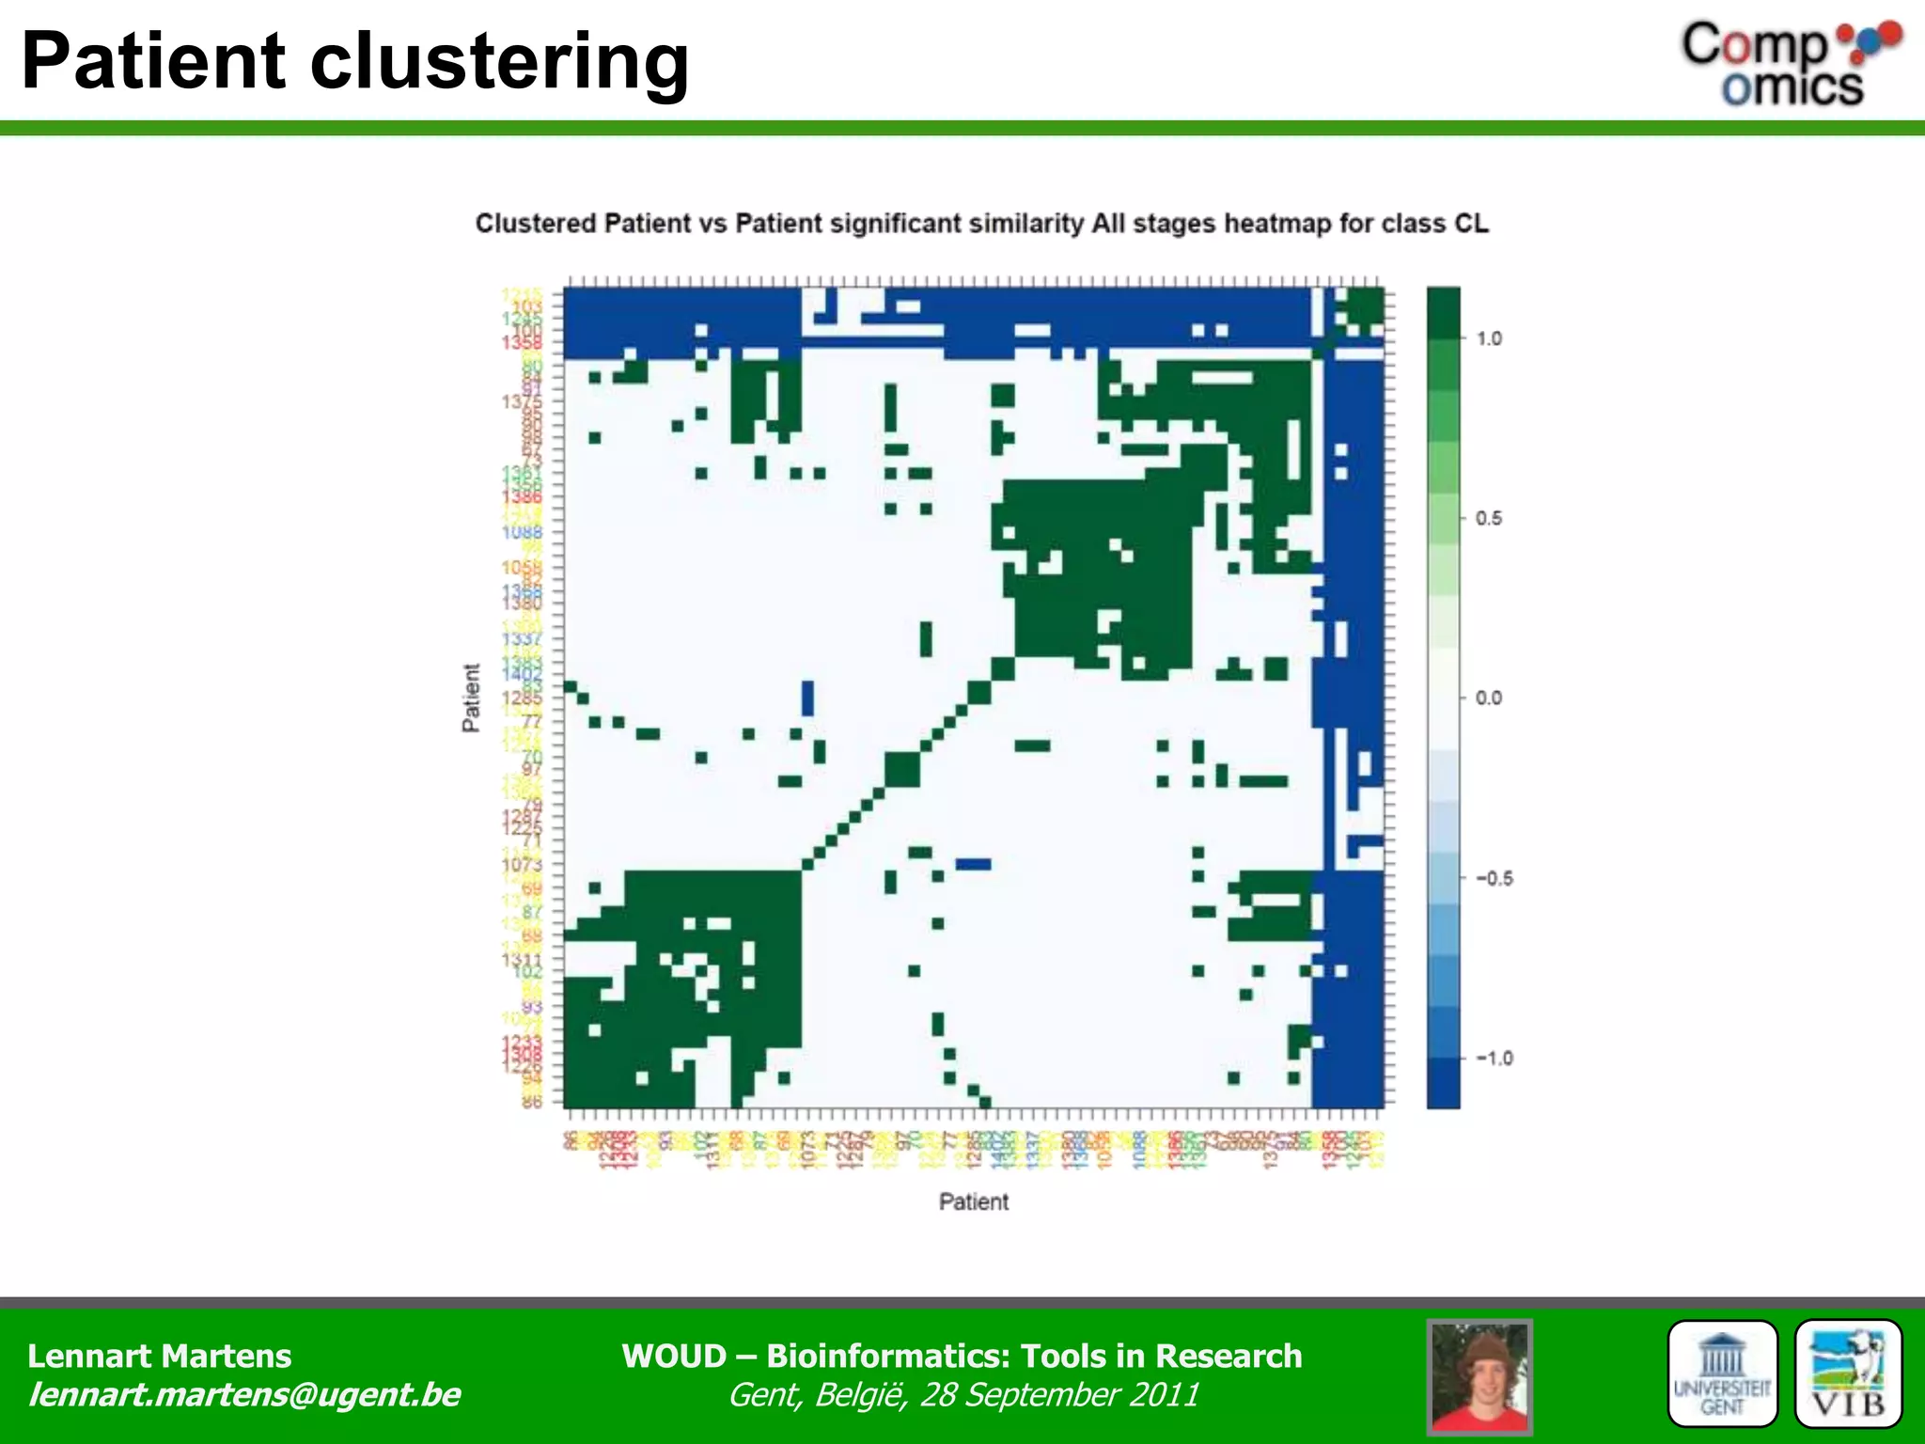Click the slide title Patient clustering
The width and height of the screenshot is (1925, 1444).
tap(354, 62)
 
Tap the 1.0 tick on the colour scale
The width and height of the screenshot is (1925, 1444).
tap(1489, 338)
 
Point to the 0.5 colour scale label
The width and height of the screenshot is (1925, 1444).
tap(1489, 518)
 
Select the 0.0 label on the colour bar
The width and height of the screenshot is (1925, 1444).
tap(1489, 698)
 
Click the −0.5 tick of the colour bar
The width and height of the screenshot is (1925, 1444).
tap(1493, 878)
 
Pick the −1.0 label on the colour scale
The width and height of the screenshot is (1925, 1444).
tap(1493, 1058)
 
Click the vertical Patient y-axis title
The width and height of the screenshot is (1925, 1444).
tap(471, 698)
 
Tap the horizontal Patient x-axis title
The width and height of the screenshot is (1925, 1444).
tap(974, 1201)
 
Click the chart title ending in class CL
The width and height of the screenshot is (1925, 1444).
tap(981, 224)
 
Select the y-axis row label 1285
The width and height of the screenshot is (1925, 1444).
tap(523, 698)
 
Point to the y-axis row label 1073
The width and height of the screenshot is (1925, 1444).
tap(523, 864)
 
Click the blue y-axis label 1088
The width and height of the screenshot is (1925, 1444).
tap(523, 532)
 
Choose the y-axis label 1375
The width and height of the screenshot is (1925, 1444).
tap(523, 401)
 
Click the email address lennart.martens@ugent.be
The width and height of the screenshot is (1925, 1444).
tap(243, 1394)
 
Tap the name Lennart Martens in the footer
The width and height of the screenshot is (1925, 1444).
tap(159, 1356)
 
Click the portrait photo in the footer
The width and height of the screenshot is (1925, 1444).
tap(1479, 1376)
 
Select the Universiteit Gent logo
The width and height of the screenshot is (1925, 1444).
tap(1722, 1374)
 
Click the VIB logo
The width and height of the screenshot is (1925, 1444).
tap(1848, 1374)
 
